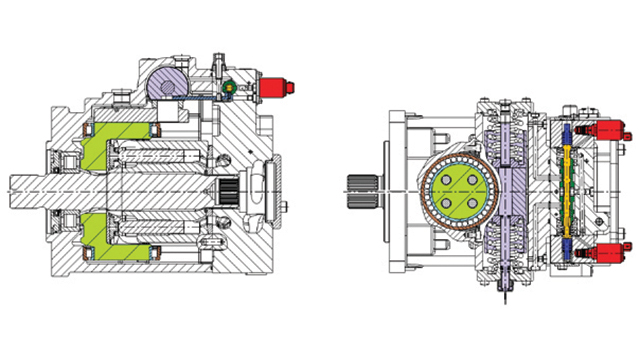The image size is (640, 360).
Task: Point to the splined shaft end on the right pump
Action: pyautogui.click(x=359, y=186)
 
